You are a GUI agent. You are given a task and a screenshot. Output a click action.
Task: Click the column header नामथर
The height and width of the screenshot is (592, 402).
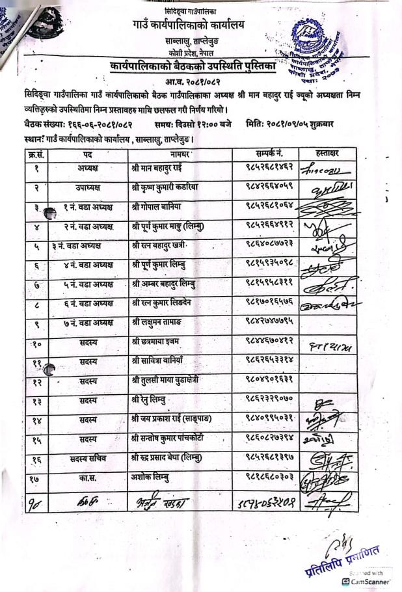180,154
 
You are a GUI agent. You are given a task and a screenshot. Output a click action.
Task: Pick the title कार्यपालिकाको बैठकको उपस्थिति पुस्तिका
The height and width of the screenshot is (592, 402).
193,67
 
